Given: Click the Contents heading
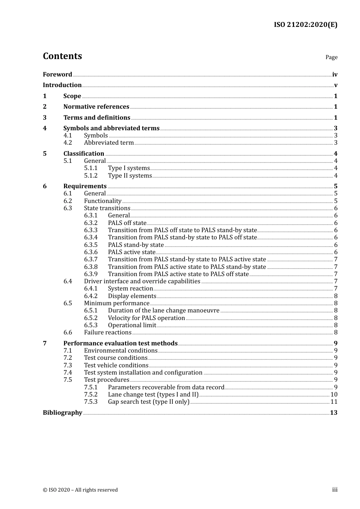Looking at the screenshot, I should pyautogui.click(x=62, y=56).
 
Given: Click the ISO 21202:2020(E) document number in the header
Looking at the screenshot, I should pyautogui.click(x=305, y=25).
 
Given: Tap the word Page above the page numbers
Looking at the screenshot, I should pyautogui.click(x=331, y=57).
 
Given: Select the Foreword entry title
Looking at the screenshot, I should pyautogui.click(x=57, y=75).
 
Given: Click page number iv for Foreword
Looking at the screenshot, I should pyautogui.click(x=335, y=75).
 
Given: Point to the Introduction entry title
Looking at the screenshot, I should pyautogui.click(x=62, y=85).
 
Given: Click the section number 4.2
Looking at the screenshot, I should pyautogui.click(x=68, y=143).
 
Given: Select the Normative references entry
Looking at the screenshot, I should pyautogui.click(x=96, y=107).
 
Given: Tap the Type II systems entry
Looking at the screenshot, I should pyautogui.click(x=130, y=176).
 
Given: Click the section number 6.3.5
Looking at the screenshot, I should pyautogui.click(x=91, y=245).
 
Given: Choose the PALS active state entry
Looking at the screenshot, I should pyautogui.click(x=131, y=252).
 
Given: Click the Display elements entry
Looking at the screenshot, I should pyautogui.click(x=132, y=296).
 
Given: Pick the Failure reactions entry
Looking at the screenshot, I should pyautogui.click(x=108, y=333).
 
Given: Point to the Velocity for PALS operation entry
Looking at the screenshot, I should pyautogui.click(x=146, y=318).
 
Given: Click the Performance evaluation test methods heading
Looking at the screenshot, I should pyautogui.click(x=120, y=343).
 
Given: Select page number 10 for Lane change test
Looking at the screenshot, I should pyautogui.click(x=334, y=395).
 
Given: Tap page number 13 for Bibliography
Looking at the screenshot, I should pyautogui.click(x=333, y=413).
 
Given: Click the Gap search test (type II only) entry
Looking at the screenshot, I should pyautogui.click(x=149, y=402).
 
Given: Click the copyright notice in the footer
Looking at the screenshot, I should pyautogui.click(x=80, y=490).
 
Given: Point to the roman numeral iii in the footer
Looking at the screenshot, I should pyautogui.click(x=335, y=490).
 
